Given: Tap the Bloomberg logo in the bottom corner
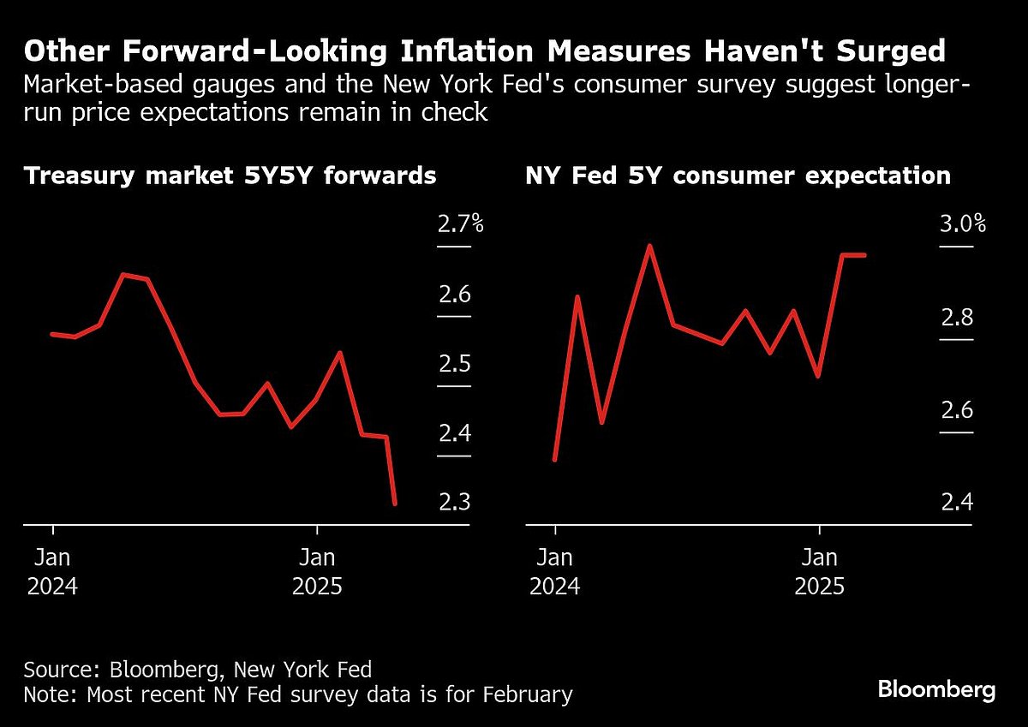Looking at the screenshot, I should [x=936, y=689].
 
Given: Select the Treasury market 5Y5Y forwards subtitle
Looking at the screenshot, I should [x=230, y=176].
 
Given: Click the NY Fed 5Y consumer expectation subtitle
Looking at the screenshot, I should [x=738, y=176].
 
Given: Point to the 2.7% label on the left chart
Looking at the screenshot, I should [x=460, y=225].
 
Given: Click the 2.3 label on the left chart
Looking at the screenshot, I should [x=455, y=502].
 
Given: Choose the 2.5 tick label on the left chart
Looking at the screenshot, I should [x=455, y=364].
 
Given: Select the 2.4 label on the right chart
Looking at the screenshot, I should [x=957, y=502].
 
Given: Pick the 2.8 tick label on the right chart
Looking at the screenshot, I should [x=957, y=319].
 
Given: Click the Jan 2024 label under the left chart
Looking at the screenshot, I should [x=53, y=572].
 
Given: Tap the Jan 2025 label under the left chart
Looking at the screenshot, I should [x=317, y=572].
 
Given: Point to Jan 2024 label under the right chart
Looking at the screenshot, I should [x=555, y=572].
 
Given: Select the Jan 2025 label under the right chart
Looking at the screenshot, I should [x=820, y=572].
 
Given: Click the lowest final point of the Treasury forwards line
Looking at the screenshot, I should [x=395, y=504].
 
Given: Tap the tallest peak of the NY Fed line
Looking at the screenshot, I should [x=650, y=246].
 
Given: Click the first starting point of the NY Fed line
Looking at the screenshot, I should [x=555, y=460].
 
